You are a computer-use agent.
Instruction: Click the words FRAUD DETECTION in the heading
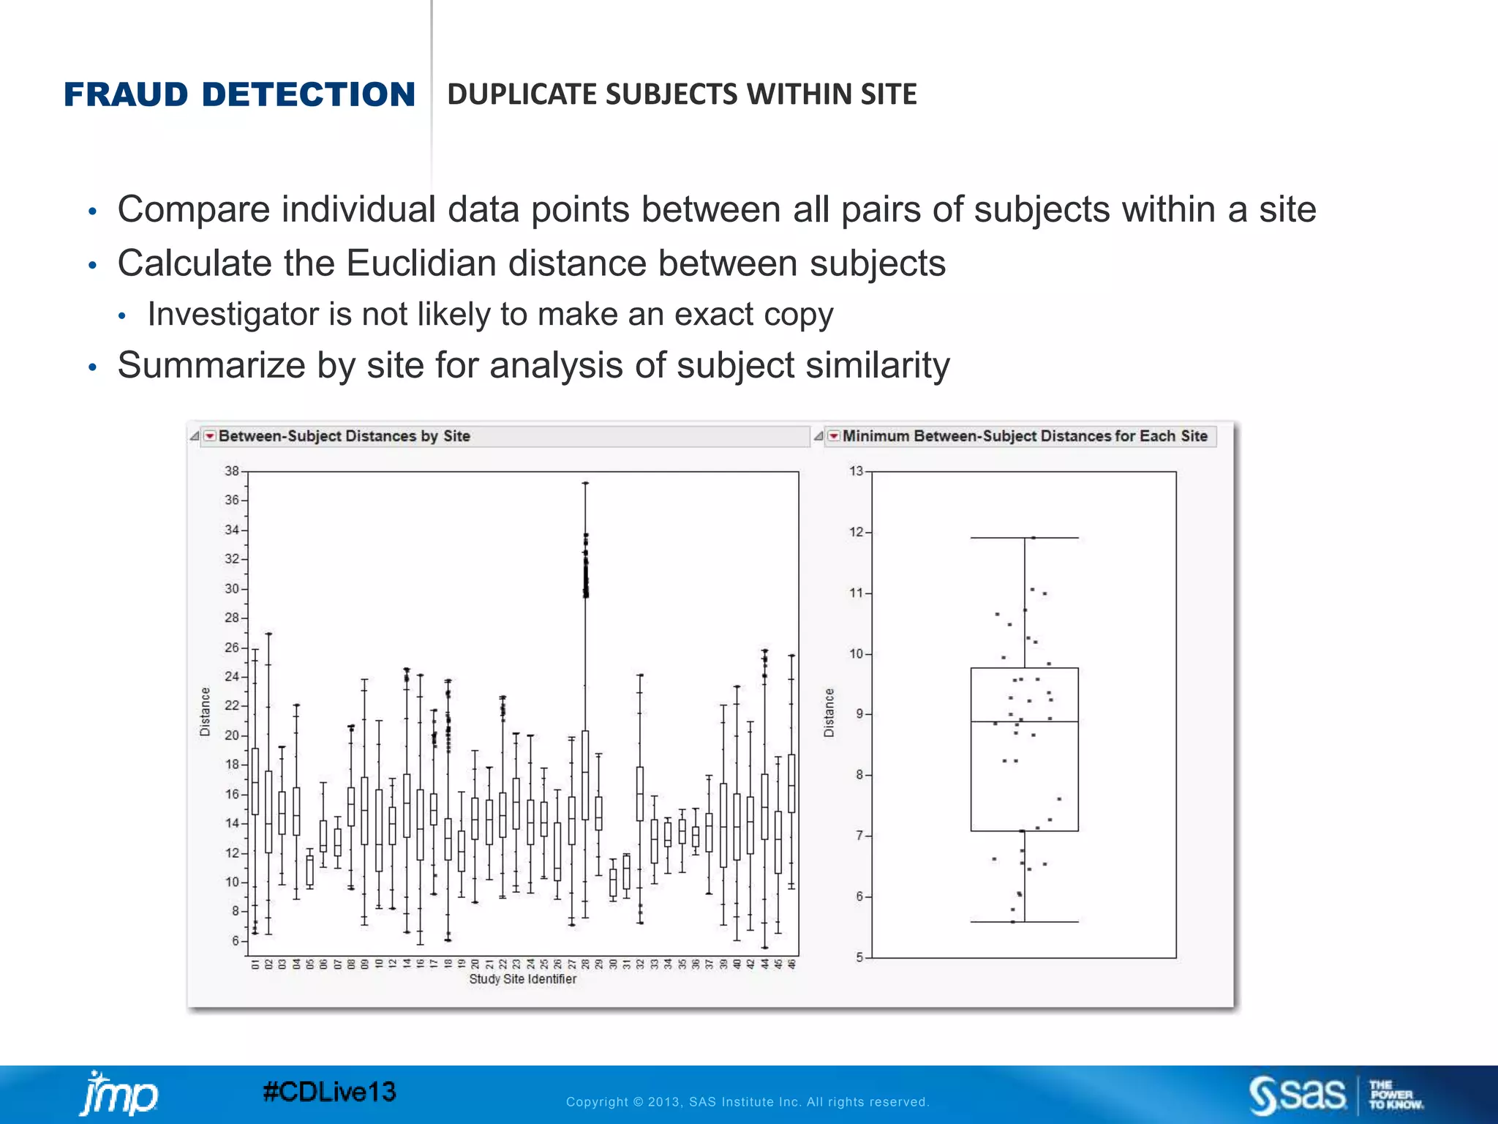(239, 94)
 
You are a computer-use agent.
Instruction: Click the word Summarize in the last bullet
(211, 365)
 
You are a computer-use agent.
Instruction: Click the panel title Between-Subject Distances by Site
(344, 436)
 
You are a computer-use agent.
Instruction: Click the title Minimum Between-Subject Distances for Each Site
(1024, 436)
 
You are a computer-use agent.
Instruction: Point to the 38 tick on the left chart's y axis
(232, 471)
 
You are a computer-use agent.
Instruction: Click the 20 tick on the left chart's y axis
(232, 735)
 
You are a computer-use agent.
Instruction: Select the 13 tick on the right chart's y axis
(856, 471)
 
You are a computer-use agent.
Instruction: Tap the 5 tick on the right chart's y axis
(859, 957)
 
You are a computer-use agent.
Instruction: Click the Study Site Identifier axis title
(522, 979)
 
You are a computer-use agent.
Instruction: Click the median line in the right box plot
(1024, 722)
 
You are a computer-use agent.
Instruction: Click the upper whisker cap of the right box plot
(1024, 538)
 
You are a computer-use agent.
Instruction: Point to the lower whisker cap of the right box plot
(1024, 922)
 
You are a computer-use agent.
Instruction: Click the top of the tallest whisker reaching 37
(585, 483)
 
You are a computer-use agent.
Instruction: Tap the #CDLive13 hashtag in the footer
(329, 1092)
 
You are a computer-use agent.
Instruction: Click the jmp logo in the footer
(118, 1095)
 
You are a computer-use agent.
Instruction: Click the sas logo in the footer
(1298, 1095)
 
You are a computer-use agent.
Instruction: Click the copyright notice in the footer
(747, 1102)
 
